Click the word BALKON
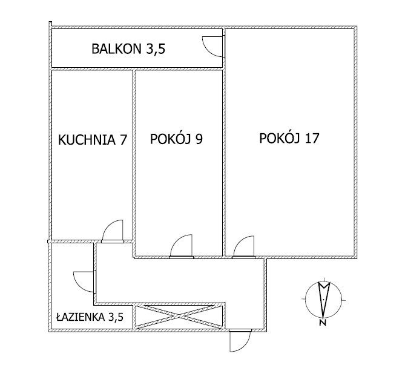pyautogui.click(x=116, y=49)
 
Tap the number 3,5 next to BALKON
pyautogui.click(x=156, y=50)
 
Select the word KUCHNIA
pyautogui.click(x=87, y=140)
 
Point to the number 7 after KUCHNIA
pyautogui.click(x=123, y=140)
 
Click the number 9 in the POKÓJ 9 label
pyautogui.click(x=199, y=139)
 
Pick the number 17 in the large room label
pyautogui.click(x=312, y=138)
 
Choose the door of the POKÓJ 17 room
pyautogui.click(x=239, y=241)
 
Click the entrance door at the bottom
pyautogui.click(x=240, y=340)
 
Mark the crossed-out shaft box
pyautogui.click(x=179, y=317)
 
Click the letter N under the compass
pyautogui.click(x=322, y=323)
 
